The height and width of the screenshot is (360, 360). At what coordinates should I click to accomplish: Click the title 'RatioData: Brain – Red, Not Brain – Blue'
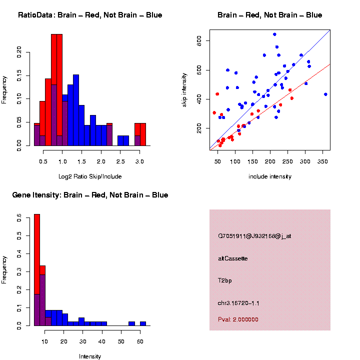(90, 15)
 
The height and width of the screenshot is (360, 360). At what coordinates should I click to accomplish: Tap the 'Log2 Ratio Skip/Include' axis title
(90, 176)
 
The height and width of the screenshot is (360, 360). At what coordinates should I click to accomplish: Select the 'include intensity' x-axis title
(270, 176)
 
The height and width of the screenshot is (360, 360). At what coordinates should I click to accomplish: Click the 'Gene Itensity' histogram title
(90, 195)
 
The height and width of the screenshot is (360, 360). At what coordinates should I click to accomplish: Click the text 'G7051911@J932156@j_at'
(254, 236)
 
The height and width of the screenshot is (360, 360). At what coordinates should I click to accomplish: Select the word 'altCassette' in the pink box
(233, 258)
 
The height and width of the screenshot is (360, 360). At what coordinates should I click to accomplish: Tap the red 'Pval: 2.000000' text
(238, 319)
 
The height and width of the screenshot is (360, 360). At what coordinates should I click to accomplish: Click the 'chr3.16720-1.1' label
(238, 303)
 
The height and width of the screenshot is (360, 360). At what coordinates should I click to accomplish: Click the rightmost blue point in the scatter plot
(325, 94)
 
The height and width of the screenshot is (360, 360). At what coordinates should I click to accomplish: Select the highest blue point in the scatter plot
(274, 34)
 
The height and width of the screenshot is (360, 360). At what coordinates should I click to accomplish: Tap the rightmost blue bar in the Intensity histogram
(143, 323)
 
